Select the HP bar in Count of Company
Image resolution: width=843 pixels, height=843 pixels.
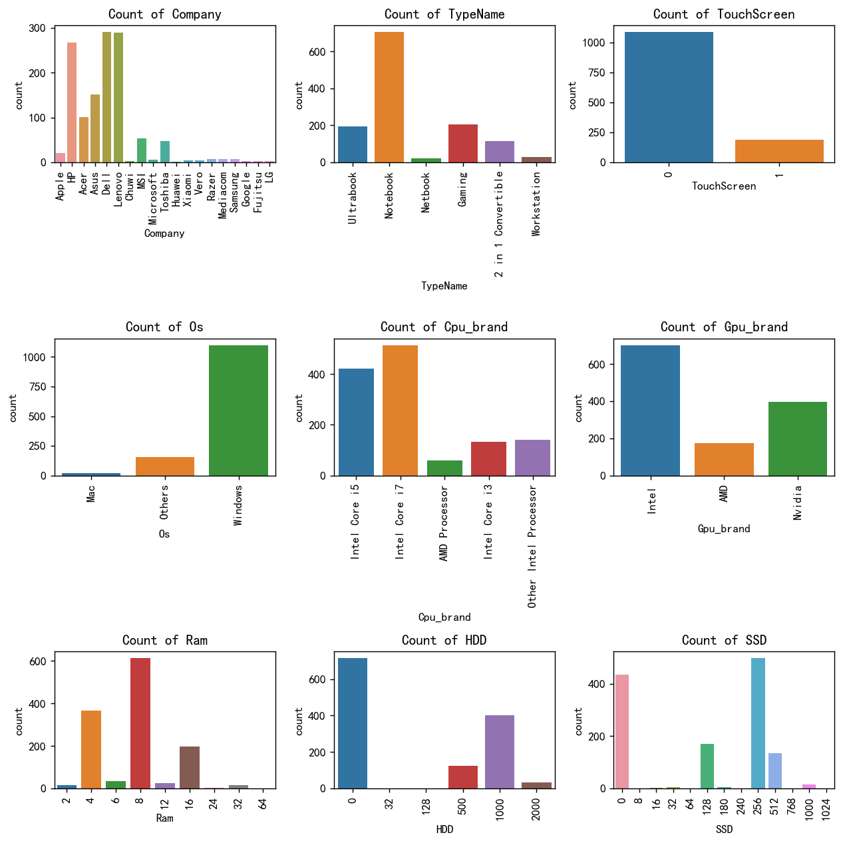72,102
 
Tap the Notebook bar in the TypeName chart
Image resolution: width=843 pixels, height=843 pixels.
389,97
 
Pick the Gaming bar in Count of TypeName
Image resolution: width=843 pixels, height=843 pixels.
462,144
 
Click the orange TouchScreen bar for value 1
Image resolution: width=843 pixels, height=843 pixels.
779,151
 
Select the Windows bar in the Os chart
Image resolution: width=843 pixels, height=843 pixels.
238,411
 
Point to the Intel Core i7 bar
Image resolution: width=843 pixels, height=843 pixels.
400,411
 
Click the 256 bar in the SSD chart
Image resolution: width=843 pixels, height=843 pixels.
758,723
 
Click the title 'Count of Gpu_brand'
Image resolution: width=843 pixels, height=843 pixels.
724,327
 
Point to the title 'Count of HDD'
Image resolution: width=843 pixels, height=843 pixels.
444,640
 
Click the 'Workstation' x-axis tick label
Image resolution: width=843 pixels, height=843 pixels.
536,204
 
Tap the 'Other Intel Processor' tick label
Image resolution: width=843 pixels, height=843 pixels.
532,546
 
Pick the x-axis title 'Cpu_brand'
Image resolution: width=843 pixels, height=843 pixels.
444,617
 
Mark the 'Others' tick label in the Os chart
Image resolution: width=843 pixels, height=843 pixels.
164,502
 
